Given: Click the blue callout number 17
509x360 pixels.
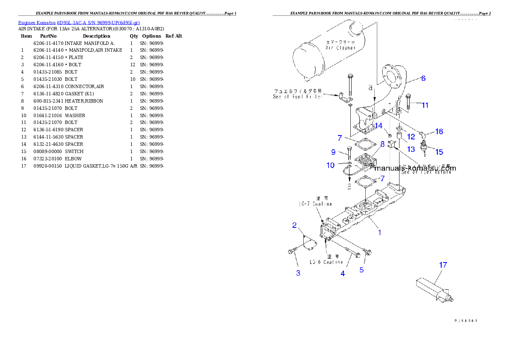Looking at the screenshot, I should [x=443, y=265].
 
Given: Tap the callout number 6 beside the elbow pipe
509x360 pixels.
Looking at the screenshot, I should [x=423, y=78].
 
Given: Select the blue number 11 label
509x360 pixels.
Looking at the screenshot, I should [x=425, y=105].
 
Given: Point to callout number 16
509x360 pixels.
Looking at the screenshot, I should [x=439, y=131].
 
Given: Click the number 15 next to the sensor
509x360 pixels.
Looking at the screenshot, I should [x=439, y=151].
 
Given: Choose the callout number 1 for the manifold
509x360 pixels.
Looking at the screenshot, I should [x=379, y=233].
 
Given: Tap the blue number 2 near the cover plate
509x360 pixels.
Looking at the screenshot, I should [x=295, y=225].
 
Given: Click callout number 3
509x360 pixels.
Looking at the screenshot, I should [x=298, y=273].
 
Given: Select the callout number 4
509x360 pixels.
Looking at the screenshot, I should [x=343, y=274].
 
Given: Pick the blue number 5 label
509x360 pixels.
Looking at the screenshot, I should [x=361, y=270].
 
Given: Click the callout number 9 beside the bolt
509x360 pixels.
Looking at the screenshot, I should [x=333, y=152].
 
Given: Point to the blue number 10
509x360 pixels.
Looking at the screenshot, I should [x=331, y=165].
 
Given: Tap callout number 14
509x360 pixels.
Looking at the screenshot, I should [x=379, y=126].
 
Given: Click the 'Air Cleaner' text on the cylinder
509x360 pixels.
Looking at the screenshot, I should [x=340, y=45].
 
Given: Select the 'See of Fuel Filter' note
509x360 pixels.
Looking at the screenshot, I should [x=297, y=94].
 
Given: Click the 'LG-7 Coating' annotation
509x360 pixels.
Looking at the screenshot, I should [x=315, y=202].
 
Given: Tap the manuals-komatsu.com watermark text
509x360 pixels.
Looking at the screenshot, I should [x=415, y=168].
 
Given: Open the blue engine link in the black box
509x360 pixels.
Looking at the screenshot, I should [x=79, y=23].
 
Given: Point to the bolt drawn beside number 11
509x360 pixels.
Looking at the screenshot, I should [x=408, y=101].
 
